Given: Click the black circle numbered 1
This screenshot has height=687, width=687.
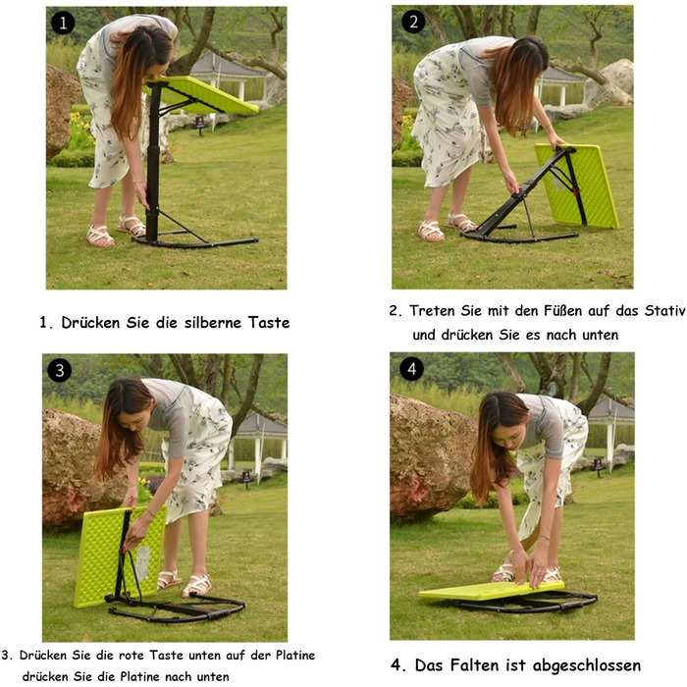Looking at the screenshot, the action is point(63,23).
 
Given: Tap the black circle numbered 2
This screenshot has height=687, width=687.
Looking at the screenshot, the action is point(413,22).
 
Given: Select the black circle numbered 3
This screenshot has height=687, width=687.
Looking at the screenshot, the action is point(59,370).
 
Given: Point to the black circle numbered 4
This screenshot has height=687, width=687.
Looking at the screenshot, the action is point(411,369).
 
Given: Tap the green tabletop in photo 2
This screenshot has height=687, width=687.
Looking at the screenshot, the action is point(578,185).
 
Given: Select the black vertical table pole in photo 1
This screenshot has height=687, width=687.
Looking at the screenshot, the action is point(153,162).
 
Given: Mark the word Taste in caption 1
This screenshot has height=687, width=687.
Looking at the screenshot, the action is point(269,323).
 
